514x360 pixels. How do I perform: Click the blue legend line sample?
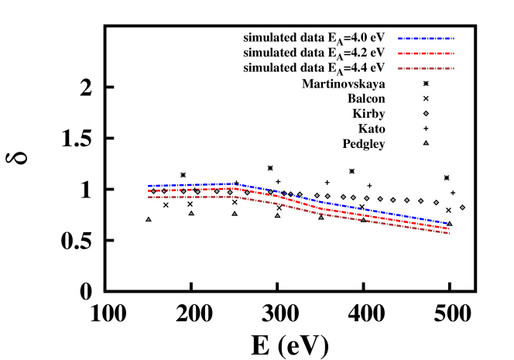pos(426,38)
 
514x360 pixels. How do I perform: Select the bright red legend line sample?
pos(426,53)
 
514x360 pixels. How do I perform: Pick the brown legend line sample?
pos(426,68)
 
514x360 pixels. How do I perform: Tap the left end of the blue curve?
pos(149,186)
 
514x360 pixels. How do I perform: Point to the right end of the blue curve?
pos(448,224)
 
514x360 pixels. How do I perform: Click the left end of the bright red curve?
pos(149,190)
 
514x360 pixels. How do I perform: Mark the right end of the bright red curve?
pos(449,228)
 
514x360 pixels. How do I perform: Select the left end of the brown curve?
pos(149,197)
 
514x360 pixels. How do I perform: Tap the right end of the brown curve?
pos(449,233)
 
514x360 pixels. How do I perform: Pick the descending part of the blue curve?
pos(348,207)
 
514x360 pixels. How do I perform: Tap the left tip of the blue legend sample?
pos(398,38)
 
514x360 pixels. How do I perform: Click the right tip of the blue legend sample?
pos(454,38)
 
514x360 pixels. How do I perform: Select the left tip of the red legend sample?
pos(398,53)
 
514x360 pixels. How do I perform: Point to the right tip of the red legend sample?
pos(454,53)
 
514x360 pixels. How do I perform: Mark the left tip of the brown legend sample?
pos(398,68)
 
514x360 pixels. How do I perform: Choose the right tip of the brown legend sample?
pos(454,68)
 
